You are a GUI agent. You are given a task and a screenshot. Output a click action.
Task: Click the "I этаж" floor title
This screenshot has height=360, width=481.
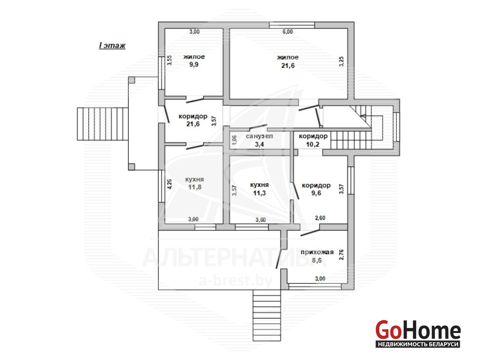112,45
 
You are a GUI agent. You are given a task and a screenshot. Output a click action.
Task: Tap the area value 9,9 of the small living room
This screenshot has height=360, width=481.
194,65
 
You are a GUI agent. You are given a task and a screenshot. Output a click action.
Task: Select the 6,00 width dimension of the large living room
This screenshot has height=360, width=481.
287,31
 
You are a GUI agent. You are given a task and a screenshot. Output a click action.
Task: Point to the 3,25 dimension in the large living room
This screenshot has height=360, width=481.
341,61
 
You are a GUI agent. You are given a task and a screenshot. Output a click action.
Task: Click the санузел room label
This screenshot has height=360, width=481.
259,136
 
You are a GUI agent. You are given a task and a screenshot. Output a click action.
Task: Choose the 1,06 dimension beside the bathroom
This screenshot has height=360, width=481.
234,140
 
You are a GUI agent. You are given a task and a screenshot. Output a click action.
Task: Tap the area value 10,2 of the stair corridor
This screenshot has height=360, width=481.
313,144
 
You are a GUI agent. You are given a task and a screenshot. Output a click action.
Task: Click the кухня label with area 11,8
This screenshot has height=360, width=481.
195,180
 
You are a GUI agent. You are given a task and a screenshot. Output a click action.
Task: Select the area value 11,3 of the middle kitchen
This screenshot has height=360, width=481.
259,193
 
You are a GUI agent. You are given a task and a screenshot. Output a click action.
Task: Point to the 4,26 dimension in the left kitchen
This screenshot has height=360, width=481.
169,184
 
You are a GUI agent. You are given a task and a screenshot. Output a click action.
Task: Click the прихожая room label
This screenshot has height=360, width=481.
317,252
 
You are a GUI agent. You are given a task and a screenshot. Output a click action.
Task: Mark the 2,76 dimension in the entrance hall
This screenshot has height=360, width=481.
341,255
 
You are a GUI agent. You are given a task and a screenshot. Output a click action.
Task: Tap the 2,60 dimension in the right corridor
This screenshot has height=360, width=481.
320,218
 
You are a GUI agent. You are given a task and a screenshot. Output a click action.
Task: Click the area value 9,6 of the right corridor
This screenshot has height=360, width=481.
316,193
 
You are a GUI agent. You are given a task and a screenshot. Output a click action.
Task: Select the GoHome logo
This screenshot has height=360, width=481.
418,333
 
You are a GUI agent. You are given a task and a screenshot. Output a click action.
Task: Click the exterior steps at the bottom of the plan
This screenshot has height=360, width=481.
267,315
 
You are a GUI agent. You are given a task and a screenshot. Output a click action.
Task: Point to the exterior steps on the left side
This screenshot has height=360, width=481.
102,124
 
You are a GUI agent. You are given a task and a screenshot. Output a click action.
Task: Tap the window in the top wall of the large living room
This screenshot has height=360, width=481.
292,25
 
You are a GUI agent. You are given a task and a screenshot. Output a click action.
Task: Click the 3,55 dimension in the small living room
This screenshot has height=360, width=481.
169,60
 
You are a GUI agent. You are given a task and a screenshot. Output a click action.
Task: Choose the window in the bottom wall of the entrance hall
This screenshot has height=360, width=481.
315,287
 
